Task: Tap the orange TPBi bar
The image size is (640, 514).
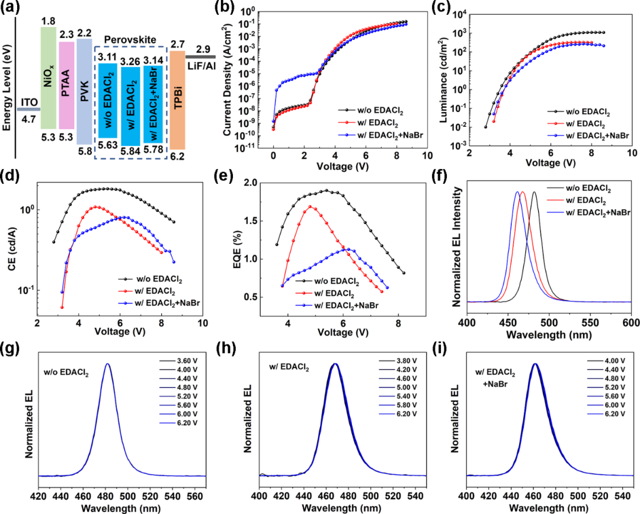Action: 178,98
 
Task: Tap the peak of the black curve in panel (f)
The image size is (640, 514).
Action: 534,192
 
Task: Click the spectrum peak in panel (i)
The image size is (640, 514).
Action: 535,364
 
